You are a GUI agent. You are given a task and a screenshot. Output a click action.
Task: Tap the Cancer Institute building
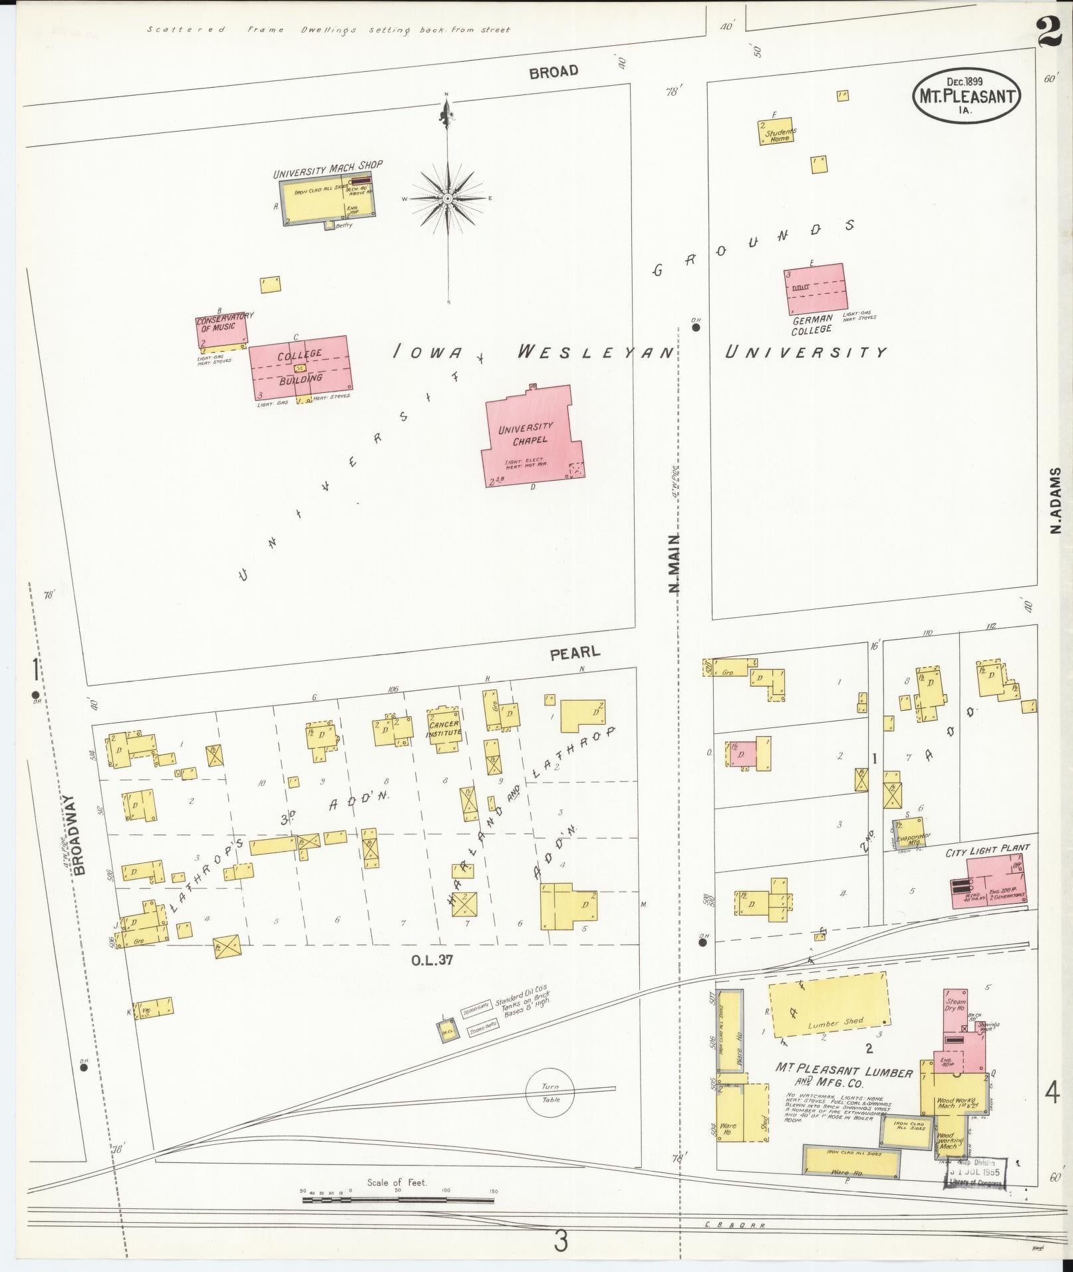[443, 729]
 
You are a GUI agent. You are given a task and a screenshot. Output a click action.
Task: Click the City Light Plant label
[987, 848]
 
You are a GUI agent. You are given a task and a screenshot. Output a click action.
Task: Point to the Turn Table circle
[550, 1094]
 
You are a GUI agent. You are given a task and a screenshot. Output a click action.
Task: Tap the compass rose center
[448, 198]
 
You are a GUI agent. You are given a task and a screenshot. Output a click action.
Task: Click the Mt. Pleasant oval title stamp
[967, 96]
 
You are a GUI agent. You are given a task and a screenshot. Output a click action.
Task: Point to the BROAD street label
[553, 72]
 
